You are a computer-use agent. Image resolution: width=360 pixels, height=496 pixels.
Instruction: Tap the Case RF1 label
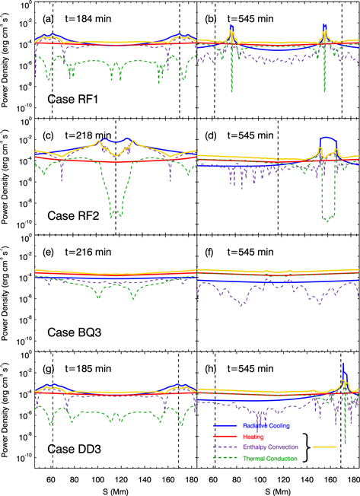[72, 98]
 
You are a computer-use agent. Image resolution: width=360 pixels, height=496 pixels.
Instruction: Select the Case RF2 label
[72, 215]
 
